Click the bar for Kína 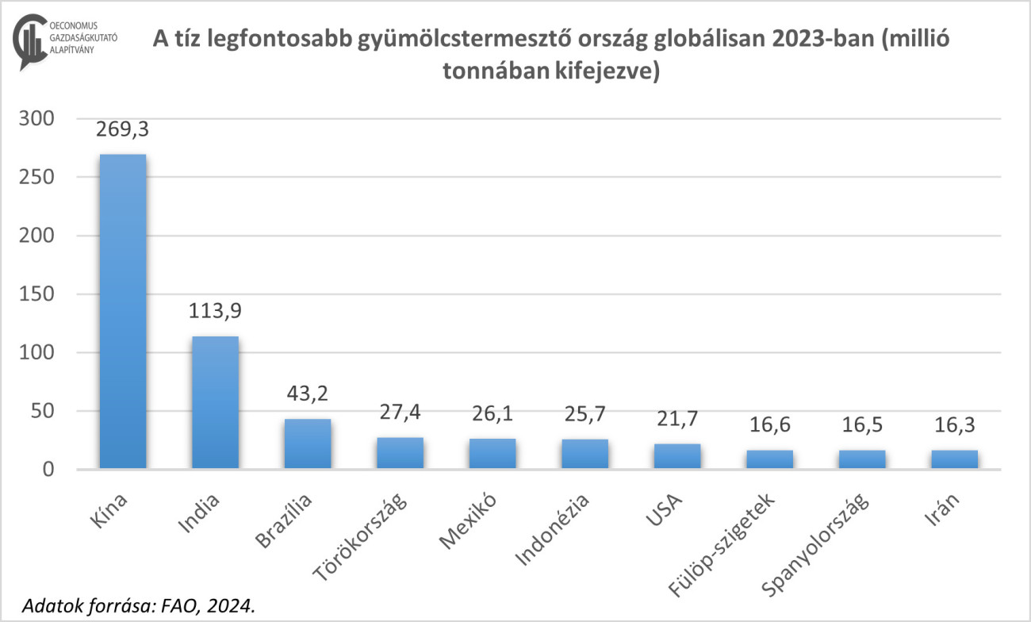122,311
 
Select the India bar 215,402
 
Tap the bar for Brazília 307,443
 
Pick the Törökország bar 400,453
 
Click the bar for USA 677,456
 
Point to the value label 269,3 122,129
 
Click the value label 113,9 215,311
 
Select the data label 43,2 307,394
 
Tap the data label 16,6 769,425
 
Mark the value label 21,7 677,419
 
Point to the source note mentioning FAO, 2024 140,605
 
